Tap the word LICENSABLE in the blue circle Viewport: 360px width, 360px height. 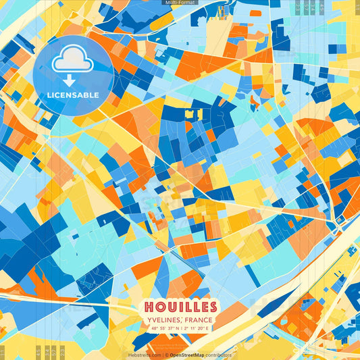72,95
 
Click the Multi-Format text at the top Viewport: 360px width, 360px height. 180,3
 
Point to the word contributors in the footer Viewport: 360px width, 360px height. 218,355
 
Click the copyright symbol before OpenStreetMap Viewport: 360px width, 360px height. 165,355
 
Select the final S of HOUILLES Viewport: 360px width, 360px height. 212,306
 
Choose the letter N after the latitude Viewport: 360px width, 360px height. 177,329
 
